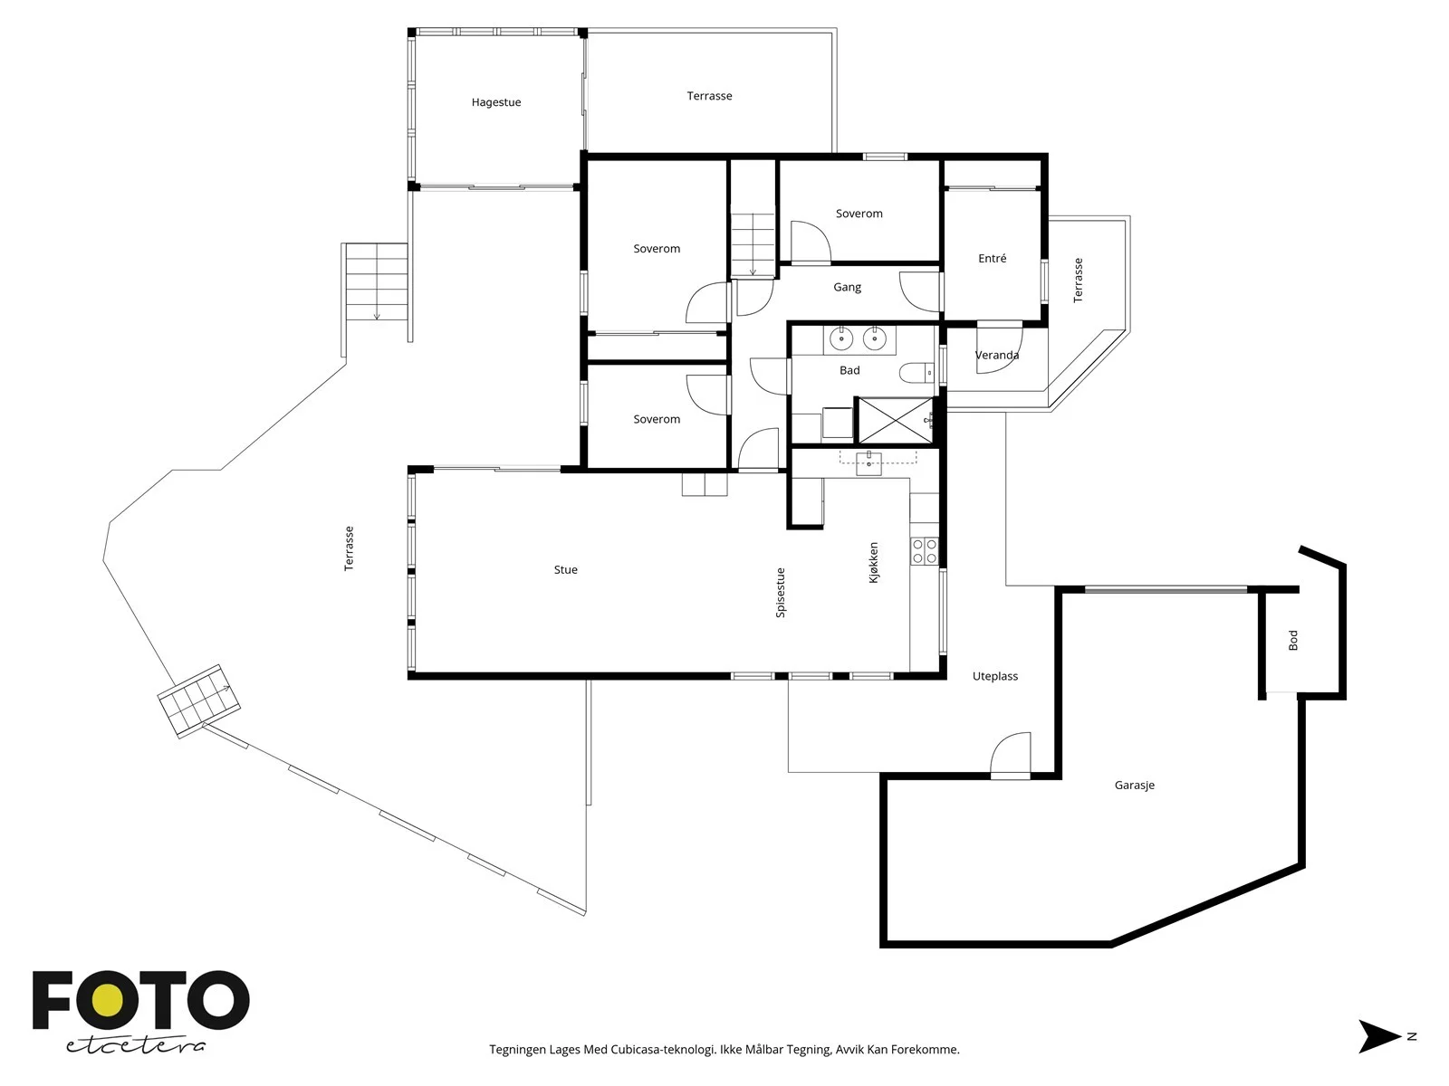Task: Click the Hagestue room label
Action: coord(495,102)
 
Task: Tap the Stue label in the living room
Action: coord(566,570)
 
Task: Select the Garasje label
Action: coord(1134,786)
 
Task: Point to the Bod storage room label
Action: coord(1292,640)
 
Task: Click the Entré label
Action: coord(993,259)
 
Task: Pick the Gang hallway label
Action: coord(847,288)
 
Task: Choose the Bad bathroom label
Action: coord(849,370)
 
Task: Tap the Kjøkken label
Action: coord(873,562)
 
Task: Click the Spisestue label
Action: coord(781,593)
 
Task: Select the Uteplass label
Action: coord(994,677)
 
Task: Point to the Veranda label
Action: coord(997,356)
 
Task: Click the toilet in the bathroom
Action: coord(916,372)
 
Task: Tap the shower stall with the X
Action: coord(895,420)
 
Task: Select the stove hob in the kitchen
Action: coord(925,551)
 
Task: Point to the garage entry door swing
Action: coord(1010,756)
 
